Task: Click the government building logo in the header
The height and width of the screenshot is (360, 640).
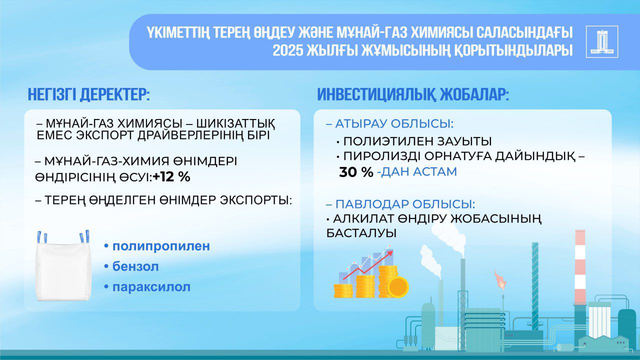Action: coord(601,42)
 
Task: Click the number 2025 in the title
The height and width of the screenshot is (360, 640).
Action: coord(289,51)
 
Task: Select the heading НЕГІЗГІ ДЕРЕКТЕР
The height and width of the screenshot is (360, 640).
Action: coord(88,94)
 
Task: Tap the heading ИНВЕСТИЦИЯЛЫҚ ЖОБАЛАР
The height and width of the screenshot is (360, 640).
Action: coord(412,94)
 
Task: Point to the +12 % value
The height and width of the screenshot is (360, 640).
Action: coord(171,177)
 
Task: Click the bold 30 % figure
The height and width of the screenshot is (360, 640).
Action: coord(356,172)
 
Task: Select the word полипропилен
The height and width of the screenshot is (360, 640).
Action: coord(161,246)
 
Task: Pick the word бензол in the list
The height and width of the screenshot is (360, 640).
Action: coord(135,267)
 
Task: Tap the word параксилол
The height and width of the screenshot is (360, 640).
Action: coord(151,287)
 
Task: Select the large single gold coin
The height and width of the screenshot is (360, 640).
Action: coord(398,287)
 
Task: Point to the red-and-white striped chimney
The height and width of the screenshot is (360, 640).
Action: coord(580,265)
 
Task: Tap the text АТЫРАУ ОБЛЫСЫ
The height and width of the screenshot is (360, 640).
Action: coord(394,124)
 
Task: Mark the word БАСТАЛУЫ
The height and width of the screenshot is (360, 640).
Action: coord(361,233)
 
